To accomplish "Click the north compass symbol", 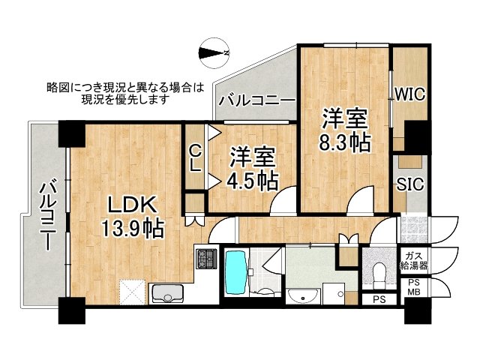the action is click(x=214, y=53).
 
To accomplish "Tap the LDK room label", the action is click(x=132, y=205).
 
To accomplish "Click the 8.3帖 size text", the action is click(x=345, y=142).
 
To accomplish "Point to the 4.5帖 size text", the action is click(x=252, y=181).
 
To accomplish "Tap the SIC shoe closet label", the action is click(x=410, y=184).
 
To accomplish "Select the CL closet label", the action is click(x=195, y=158).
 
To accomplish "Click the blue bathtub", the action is click(x=235, y=273).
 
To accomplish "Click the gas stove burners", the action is click(x=207, y=259).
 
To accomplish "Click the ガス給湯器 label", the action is click(x=414, y=260).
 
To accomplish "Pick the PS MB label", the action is click(x=413, y=287).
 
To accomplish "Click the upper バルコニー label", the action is click(x=256, y=100).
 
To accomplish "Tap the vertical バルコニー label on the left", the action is click(x=48, y=216).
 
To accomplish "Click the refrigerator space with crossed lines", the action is click(x=132, y=292).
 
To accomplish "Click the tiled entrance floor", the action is click(x=413, y=229).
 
